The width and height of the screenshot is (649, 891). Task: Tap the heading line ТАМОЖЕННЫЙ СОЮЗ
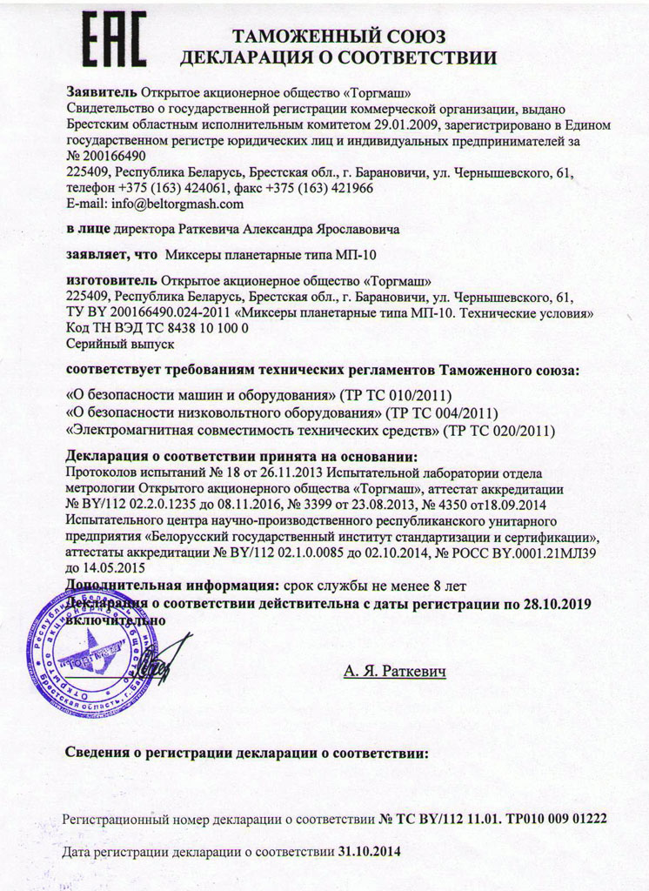[x=339, y=37]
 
